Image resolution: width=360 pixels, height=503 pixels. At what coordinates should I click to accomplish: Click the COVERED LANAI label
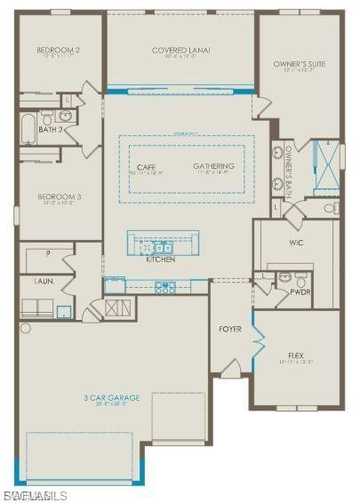[x=180, y=51]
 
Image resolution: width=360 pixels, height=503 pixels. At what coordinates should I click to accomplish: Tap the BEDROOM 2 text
[x=59, y=51]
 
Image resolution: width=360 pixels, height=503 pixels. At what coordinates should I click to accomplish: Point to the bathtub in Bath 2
[x=27, y=127]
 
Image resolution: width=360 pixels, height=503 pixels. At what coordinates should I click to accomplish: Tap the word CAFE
[x=147, y=167]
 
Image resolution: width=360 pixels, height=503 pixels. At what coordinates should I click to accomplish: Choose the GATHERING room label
[x=213, y=166]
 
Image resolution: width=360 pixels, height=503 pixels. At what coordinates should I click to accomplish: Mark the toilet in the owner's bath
[x=331, y=209]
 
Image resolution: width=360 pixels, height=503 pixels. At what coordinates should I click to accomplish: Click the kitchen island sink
[x=163, y=248]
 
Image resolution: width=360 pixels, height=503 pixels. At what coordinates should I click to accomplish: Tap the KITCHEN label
[x=161, y=259]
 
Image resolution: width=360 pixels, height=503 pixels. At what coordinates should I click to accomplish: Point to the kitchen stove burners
[x=165, y=286]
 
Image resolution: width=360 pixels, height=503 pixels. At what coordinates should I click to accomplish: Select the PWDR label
[x=300, y=291]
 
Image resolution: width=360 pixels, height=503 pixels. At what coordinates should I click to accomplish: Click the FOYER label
[x=230, y=329]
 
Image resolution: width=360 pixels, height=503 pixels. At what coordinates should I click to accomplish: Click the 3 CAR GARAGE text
[x=112, y=398]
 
